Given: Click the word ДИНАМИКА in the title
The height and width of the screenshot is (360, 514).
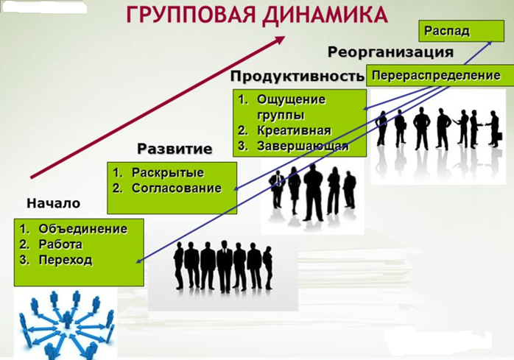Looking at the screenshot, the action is point(325,15).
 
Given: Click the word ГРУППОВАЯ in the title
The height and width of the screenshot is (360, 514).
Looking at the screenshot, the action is point(191,15).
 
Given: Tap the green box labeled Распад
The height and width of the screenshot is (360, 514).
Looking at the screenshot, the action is point(461,31).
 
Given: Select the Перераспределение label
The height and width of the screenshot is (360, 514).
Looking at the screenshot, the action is point(436,75).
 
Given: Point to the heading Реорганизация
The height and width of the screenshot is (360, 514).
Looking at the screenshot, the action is point(391,52).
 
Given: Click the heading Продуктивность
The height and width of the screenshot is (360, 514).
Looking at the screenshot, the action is point(297,76).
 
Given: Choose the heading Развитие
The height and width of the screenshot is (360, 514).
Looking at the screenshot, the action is point(175,149).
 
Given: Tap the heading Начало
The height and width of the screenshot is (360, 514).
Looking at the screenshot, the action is point(54,203).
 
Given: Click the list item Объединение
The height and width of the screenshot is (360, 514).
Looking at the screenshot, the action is point(83,229).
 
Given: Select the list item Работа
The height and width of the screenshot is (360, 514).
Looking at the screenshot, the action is point(60,244).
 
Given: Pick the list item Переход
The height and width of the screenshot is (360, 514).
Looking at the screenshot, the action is point(66,261).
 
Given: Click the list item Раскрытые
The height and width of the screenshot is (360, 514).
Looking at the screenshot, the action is point(168,173).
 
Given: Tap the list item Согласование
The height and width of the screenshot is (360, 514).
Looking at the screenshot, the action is point(177,188).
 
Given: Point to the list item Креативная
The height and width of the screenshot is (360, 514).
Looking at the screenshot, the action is point(294,130).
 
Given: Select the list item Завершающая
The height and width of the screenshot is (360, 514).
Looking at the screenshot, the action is point(303,147).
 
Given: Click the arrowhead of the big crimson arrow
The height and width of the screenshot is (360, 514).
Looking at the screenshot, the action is point(279,40).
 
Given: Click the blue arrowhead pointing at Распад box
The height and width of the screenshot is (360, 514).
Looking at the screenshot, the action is point(490,43).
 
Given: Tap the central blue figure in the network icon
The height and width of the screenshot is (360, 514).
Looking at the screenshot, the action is point(68,319).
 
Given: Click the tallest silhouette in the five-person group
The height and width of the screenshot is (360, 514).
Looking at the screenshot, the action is point(314,192).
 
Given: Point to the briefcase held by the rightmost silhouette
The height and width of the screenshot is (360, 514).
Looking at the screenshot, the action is point(499,135).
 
